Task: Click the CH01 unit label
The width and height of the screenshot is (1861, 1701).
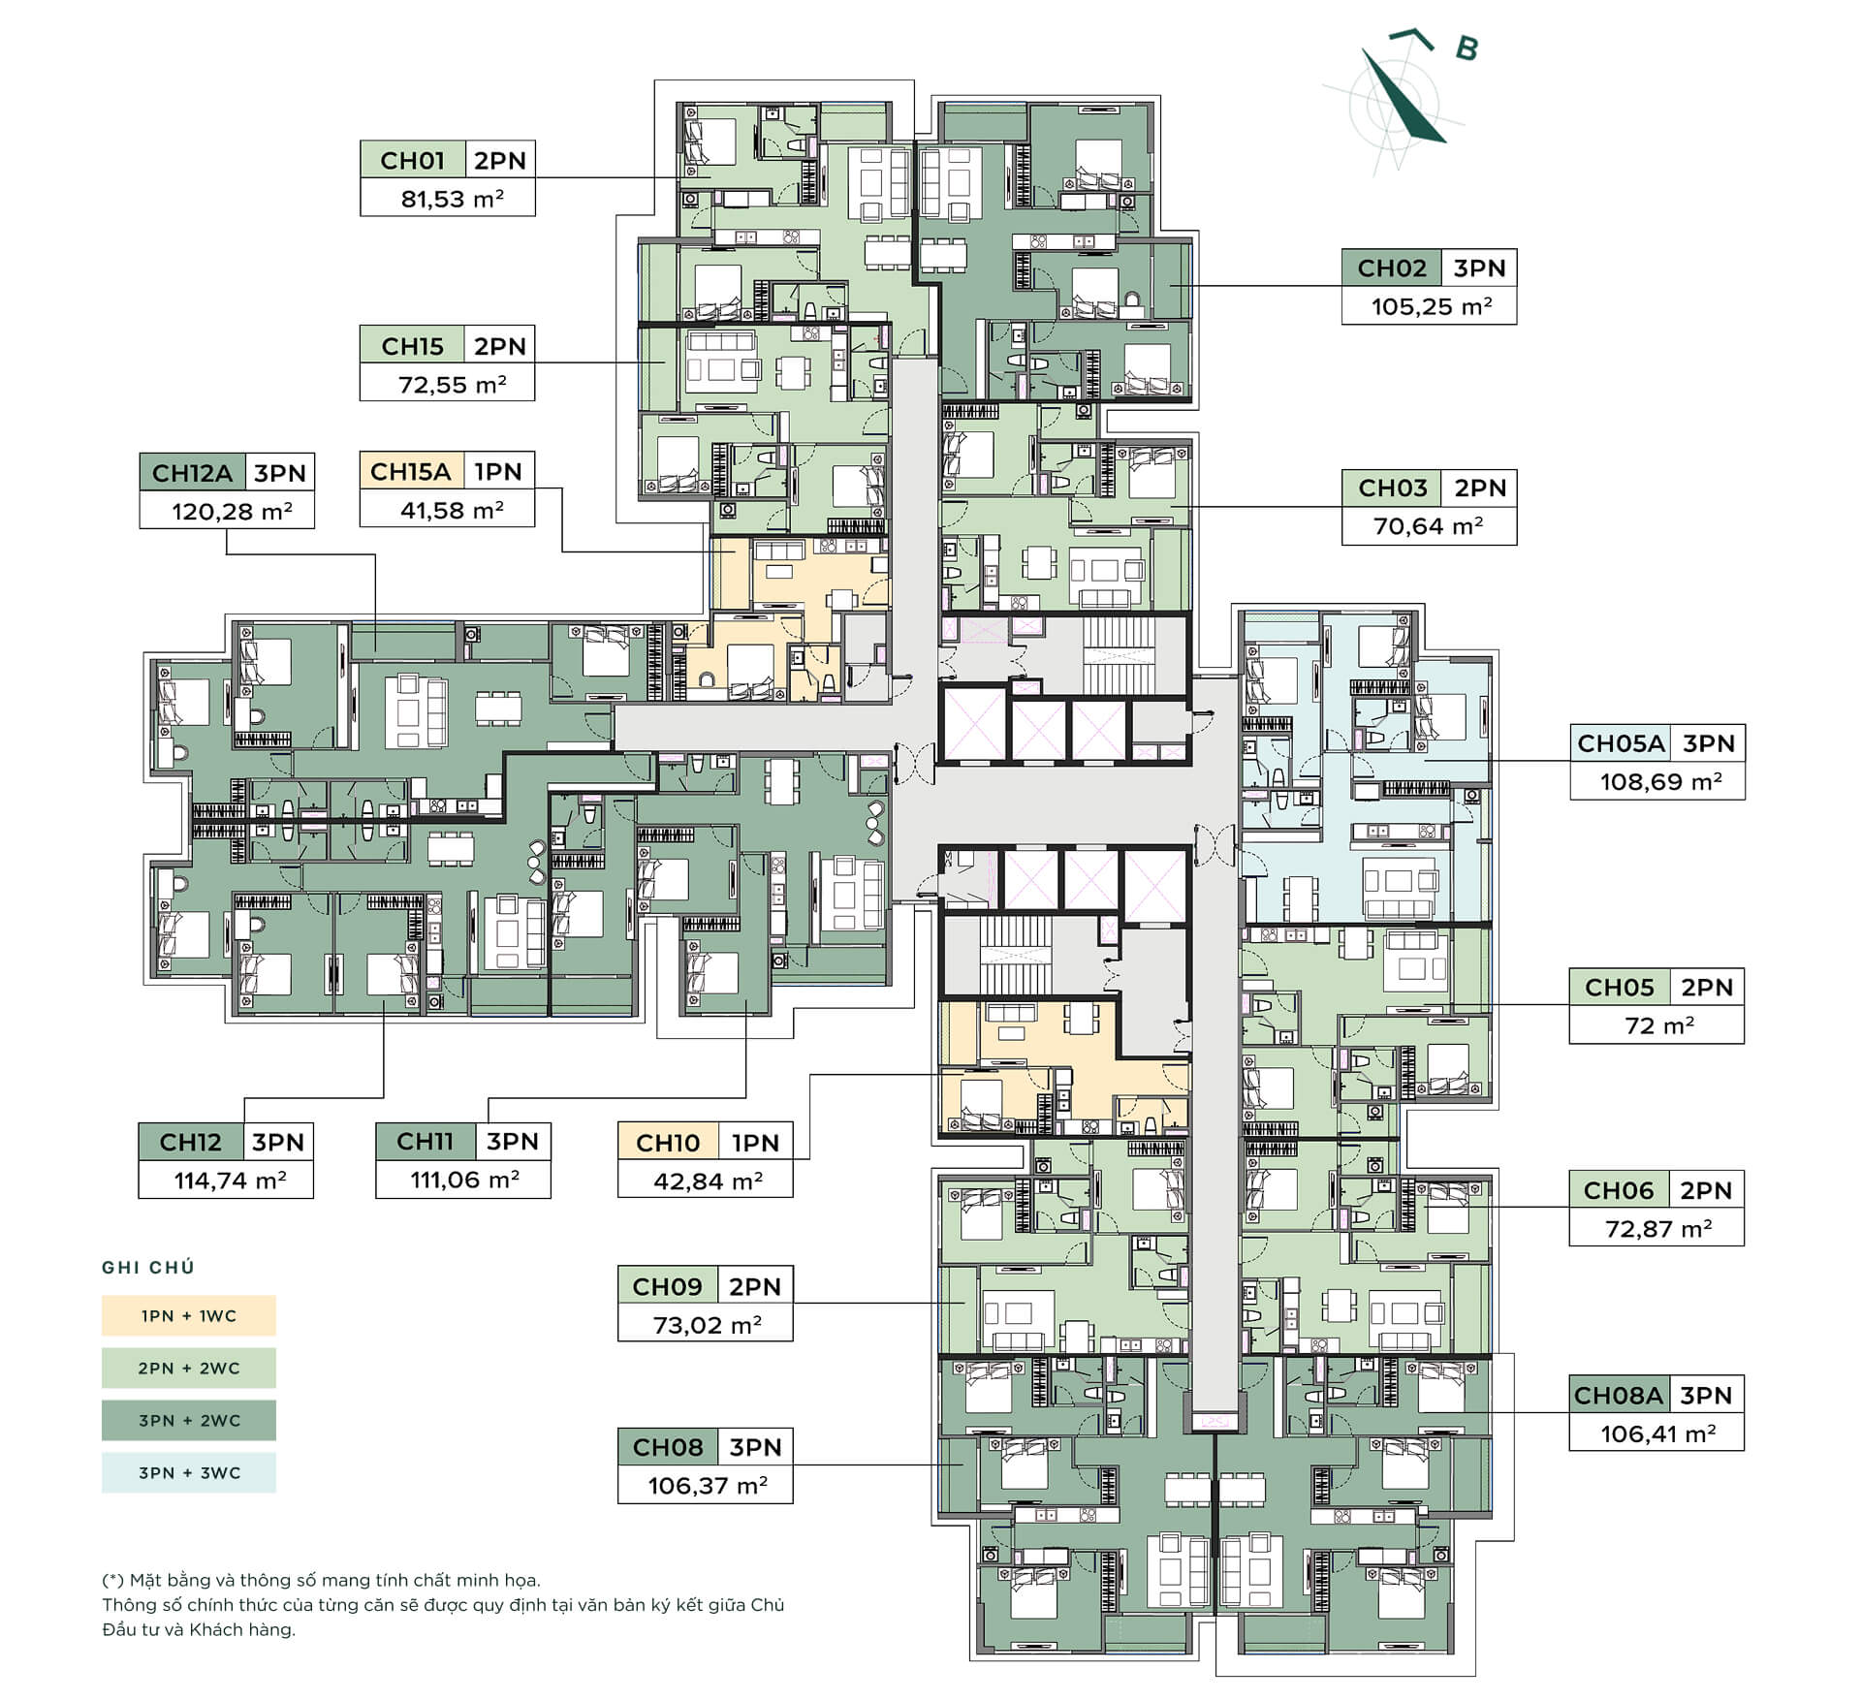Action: click(413, 160)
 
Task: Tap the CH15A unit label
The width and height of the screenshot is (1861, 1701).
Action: click(411, 472)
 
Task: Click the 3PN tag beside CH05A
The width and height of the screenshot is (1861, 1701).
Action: click(1708, 743)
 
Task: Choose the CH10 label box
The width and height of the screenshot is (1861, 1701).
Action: click(668, 1143)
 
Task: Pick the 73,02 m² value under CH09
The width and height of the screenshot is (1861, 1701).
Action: click(707, 1324)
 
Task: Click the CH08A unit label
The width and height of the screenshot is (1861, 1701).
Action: click(1618, 1396)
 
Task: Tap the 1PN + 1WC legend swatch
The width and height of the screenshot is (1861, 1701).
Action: click(189, 1315)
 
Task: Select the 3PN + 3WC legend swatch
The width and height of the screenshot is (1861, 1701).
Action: click(189, 1472)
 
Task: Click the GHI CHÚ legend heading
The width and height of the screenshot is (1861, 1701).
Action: click(148, 1267)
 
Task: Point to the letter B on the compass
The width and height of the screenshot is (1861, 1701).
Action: click(1467, 47)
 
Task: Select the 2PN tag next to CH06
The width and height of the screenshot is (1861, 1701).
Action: click(1705, 1190)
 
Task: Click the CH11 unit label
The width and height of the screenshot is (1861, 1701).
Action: click(425, 1142)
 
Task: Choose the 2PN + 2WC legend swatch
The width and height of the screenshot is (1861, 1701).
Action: click(189, 1368)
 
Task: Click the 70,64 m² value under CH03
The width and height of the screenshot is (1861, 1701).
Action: click(1428, 526)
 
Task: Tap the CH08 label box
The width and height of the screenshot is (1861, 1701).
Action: click(668, 1447)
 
